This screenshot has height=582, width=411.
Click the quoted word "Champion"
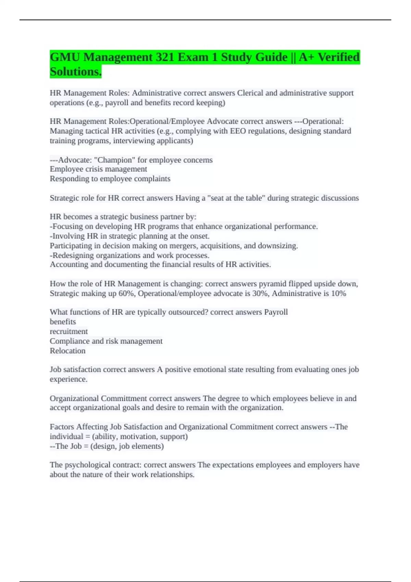[115, 160]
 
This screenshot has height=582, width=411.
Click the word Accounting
[69, 264]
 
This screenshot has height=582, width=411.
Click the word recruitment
[68, 331]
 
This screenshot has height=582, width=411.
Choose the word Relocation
[67, 351]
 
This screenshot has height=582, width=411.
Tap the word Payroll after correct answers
[276, 312]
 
